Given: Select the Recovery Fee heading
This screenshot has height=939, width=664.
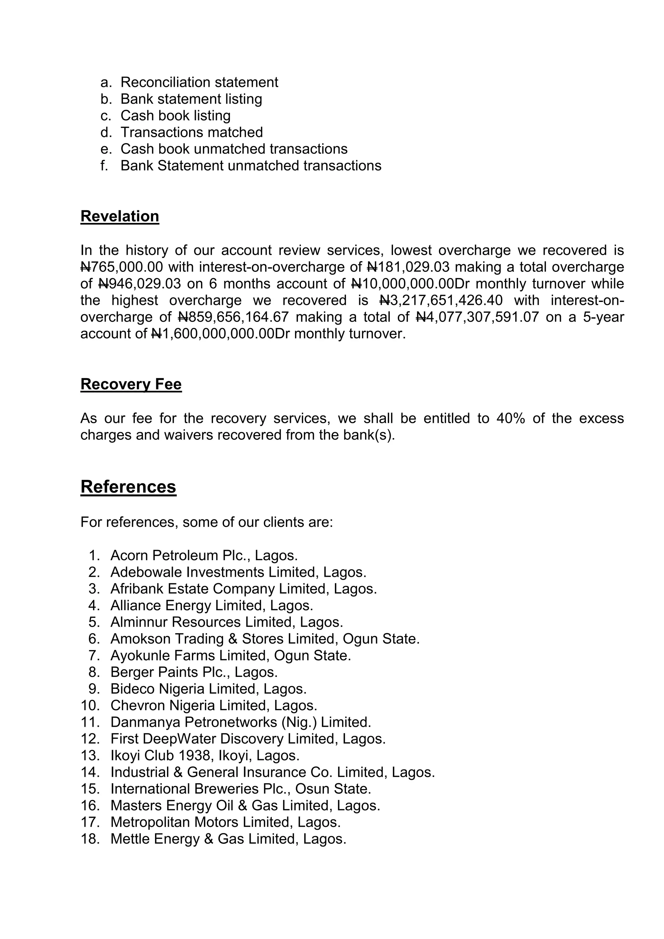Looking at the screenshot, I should pyautogui.click(x=131, y=384).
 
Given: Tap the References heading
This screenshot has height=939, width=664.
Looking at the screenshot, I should pyautogui.click(x=128, y=487).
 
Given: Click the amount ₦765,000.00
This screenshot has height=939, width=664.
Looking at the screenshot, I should pyautogui.click(x=122, y=267).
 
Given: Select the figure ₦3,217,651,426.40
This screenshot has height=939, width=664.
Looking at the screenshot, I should pyautogui.click(x=441, y=301).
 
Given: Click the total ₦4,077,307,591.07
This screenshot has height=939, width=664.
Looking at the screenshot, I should pyautogui.click(x=478, y=317).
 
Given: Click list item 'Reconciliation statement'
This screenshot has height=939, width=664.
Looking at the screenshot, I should pyautogui.click(x=199, y=82).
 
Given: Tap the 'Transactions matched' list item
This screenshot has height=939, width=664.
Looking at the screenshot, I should pyautogui.click(x=192, y=133).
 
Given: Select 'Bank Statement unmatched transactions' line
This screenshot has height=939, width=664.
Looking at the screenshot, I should pyautogui.click(x=251, y=166).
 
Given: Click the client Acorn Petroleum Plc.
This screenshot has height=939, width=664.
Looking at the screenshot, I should pyautogui.click(x=204, y=555).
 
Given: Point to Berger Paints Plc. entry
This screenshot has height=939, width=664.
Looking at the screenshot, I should pyautogui.click(x=194, y=672).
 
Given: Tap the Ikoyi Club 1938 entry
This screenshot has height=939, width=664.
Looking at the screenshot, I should pyautogui.click(x=205, y=755).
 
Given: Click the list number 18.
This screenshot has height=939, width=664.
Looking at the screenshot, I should pyautogui.click(x=89, y=839).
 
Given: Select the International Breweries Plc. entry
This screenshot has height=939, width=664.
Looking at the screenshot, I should pyautogui.click(x=241, y=789).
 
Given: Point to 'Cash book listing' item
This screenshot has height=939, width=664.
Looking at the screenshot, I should pyautogui.click(x=175, y=116).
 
